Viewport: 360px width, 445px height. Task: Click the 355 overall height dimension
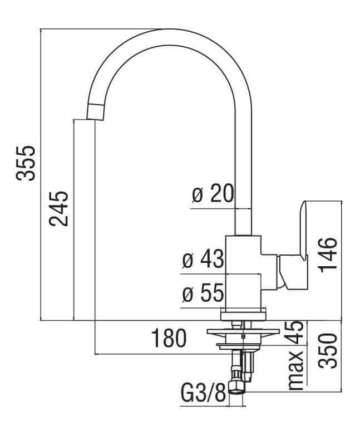tap(26, 163)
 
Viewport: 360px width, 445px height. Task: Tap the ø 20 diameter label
tap(213, 194)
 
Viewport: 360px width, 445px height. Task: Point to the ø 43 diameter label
tap(203, 260)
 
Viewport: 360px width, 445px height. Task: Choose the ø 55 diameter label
tap(203, 294)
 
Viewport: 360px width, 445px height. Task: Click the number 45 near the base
tap(297, 333)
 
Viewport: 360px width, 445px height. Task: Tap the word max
tap(297, 370)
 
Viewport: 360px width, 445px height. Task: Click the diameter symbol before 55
tap(188, 294)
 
